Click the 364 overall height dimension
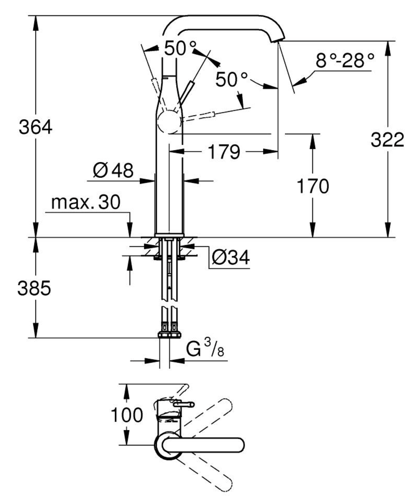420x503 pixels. (35, 127)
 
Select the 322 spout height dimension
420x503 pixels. (387, 140)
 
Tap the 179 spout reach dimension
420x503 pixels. (224, 152)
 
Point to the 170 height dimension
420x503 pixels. (313, 186)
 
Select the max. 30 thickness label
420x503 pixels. (86, 202)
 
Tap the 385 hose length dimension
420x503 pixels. (34, 288)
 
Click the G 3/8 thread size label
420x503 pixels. (205, 349)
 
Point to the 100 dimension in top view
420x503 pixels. (127, 415)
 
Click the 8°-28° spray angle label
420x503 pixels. (345, 61)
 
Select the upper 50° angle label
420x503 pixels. (180, 48)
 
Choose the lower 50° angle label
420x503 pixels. (231, 80)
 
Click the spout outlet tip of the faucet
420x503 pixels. (277, 40)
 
